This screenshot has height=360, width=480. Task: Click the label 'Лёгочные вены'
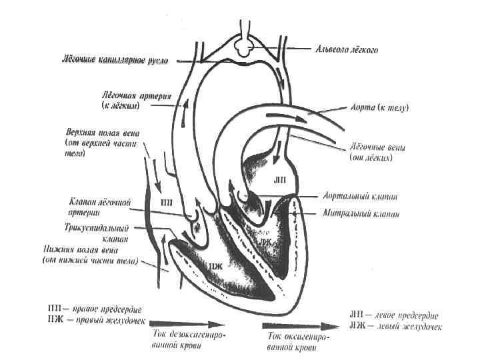tap(377, 147)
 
